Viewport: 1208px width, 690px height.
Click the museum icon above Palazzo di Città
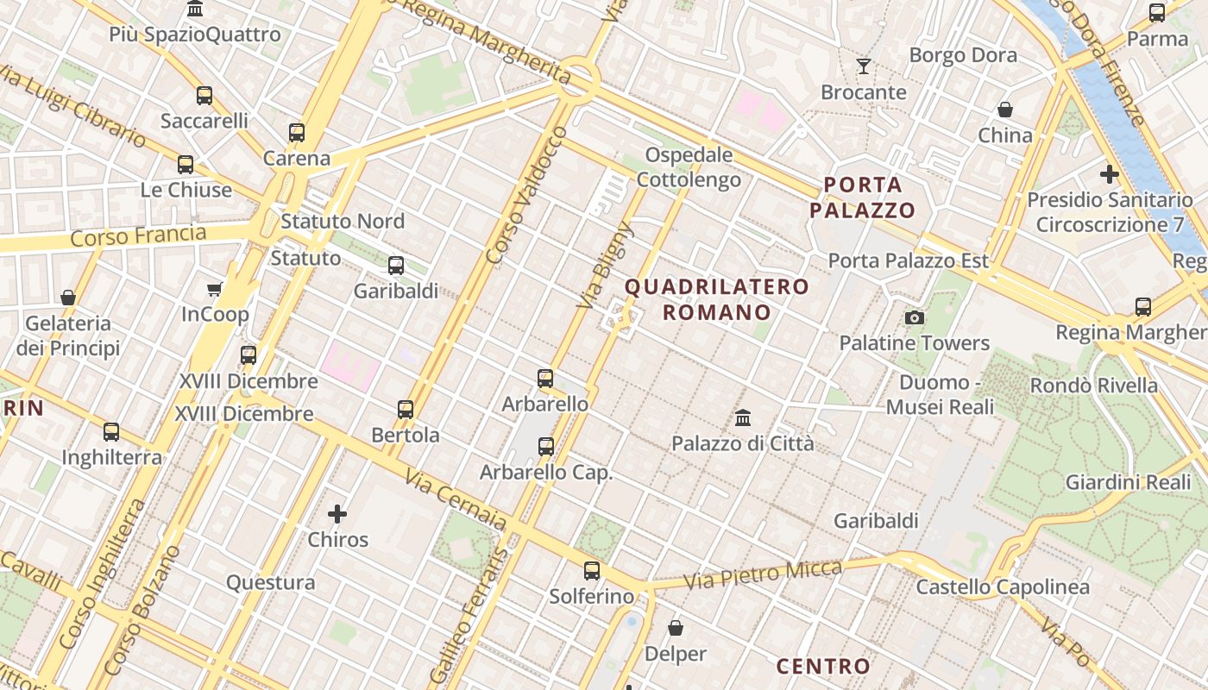click(743, 418)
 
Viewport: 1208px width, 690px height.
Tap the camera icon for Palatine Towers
click(915, 317)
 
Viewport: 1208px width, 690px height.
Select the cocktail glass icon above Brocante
click(863, 66)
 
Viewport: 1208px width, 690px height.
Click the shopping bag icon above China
click(1005, 110)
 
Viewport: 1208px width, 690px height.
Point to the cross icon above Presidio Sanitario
click(1110, 174)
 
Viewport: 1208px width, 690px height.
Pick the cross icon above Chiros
click(337, 515)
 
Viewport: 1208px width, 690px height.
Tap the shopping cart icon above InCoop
click(215, 289)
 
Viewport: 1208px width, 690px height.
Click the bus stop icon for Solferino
click(592, 570)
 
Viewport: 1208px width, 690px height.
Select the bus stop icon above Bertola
click(406, 409)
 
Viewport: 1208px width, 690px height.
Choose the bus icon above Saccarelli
click(204, 96)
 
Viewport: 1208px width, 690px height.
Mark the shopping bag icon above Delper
click(676, 628)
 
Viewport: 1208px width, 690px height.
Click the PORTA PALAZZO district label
click(862, 198)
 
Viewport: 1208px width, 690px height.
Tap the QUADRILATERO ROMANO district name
click(717, 299)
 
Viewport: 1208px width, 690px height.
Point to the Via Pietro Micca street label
click(763, 575)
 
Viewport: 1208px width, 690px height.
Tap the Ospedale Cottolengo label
click(689, 167)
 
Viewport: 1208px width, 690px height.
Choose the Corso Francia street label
click(138, 235)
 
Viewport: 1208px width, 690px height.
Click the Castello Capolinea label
click(1003, 587)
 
